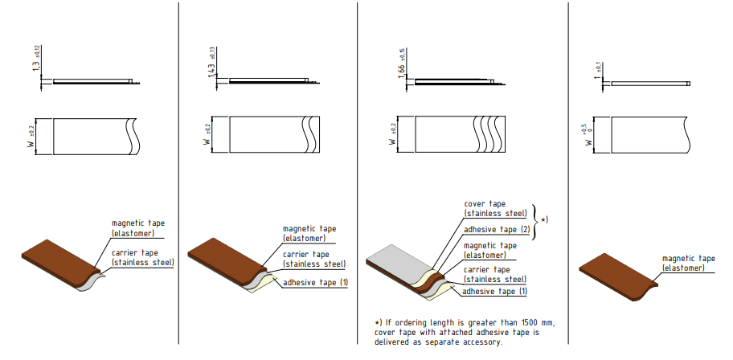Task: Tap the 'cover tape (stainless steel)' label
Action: (x=496, y=208)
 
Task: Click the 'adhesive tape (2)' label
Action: (x=497, y=230)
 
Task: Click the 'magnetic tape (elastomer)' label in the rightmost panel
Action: (x=689, y=264)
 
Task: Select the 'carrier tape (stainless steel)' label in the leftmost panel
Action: (x=142, y=258)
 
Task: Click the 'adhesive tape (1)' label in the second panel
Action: (x=316, y=282)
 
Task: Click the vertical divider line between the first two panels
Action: (x=178, y=173)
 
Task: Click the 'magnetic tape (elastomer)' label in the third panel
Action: (x=490, y=250)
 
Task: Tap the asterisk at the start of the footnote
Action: (x=377, y=322)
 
